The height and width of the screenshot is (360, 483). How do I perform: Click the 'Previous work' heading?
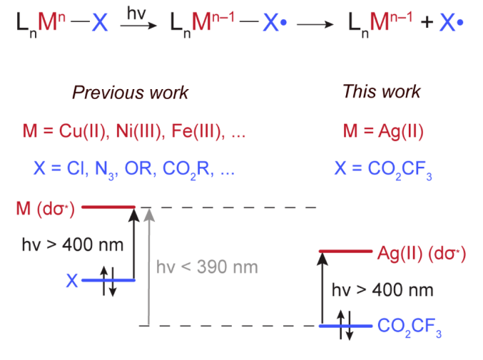pyautogui.click(x=130, y=93)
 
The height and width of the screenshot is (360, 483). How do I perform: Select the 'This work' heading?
pyautogui.click(x=381, y=91)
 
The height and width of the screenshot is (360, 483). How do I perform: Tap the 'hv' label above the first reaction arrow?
pyautogui.click(x=134, y=13)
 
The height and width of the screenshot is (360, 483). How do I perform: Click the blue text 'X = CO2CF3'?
pyautogui.click(x=382, y=170)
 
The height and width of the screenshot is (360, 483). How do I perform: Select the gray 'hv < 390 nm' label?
pyautogui.click(x=206, y=267)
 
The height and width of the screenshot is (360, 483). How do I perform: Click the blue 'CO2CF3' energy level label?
pyautogui.click(x=410, y=327)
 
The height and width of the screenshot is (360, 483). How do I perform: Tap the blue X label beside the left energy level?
pyautogui.click(x=71, y=280)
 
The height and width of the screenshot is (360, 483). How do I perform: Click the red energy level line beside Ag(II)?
pyautogui.click(x=345, y=252)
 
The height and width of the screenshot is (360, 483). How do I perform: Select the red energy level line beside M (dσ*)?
pyautogui.click(x=108, y=207)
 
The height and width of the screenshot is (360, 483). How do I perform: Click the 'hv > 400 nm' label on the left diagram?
pyautogui.click(x=72, y=245)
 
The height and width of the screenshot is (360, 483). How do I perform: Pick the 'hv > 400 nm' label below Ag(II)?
pyautogui.click(x=382, y=290)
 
